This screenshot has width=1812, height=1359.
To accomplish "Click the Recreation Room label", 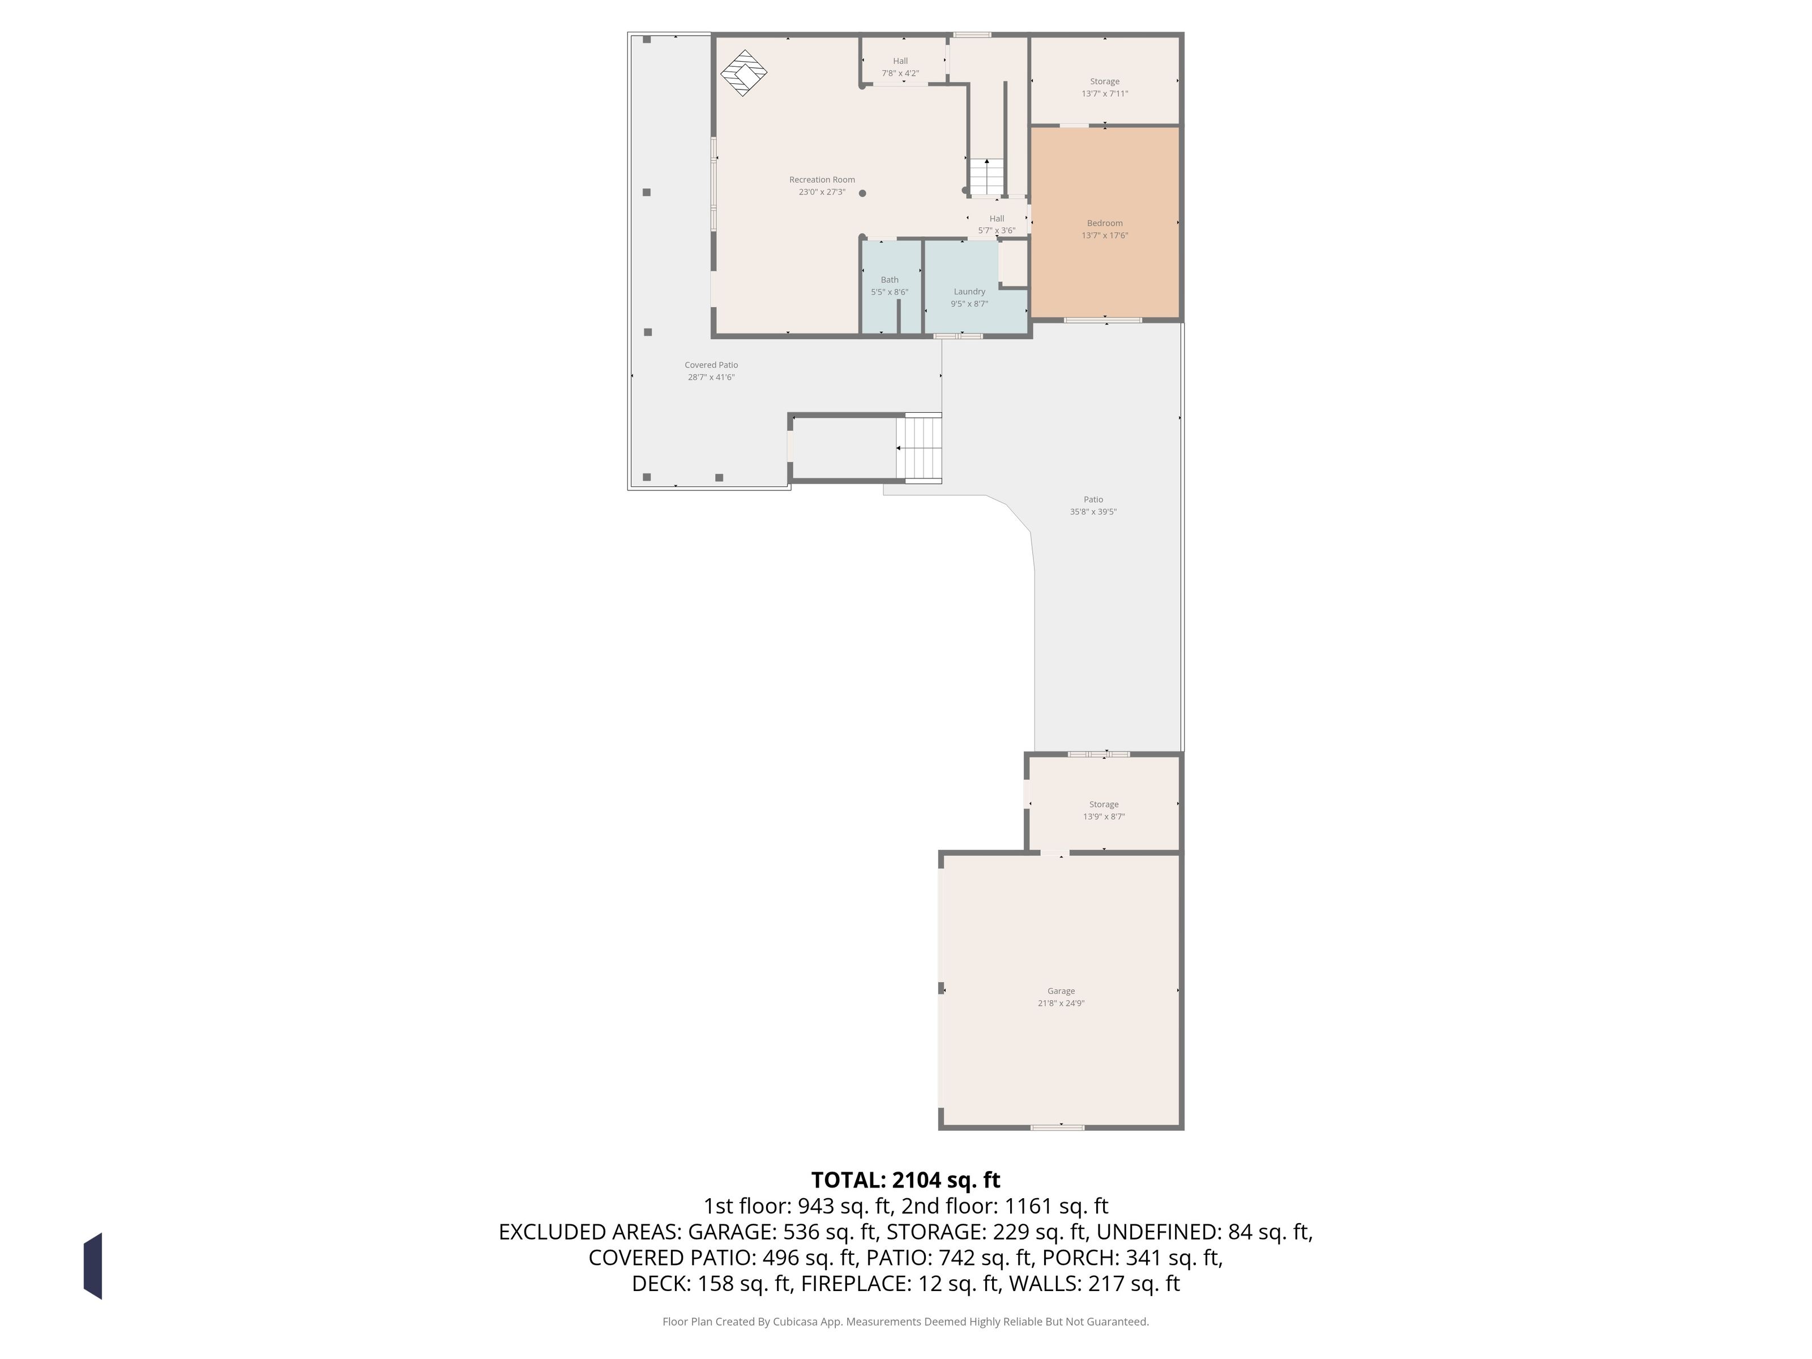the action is [822, 180].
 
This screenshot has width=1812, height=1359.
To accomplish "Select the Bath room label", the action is [890, 279].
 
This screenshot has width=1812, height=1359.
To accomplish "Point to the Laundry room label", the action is [969, 292].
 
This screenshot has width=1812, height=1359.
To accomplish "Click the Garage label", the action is [1061, 991].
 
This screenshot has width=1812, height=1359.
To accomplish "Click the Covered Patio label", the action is [711, 365].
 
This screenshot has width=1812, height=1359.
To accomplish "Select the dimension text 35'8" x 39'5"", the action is [1093, 512].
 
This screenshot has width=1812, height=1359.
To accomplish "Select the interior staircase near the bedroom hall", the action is [986, 177].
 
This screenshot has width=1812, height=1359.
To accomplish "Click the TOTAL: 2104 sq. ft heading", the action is [905, 1181].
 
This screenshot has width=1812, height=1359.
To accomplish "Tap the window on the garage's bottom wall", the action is [1057, 1128].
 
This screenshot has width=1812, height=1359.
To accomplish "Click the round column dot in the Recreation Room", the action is [862, 193].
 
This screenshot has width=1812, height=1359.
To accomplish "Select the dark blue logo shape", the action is [92, 1266].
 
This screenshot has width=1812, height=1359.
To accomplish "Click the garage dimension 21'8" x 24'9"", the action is [1061, 1003].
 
